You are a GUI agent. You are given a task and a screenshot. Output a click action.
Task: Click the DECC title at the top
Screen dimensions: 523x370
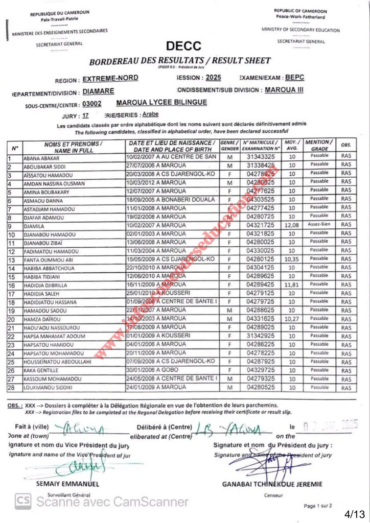point(183,46)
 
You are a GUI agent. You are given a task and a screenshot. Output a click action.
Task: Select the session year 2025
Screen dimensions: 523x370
point(214,78)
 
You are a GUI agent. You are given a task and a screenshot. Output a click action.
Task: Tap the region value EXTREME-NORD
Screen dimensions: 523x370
point(110,79)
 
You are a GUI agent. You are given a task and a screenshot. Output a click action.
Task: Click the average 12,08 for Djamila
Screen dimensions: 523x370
point(291,225)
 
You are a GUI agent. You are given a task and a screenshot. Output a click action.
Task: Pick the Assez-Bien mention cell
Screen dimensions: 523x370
point(319,224)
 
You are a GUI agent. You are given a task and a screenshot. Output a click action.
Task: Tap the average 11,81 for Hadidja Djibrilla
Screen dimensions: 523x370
point(291,284)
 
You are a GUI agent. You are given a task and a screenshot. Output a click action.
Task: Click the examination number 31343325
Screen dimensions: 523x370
point(261,157)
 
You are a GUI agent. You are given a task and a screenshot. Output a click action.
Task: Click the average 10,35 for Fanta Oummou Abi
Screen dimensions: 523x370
point(291,259)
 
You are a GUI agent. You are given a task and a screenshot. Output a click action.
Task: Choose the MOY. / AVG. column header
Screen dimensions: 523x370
point(291,145)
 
